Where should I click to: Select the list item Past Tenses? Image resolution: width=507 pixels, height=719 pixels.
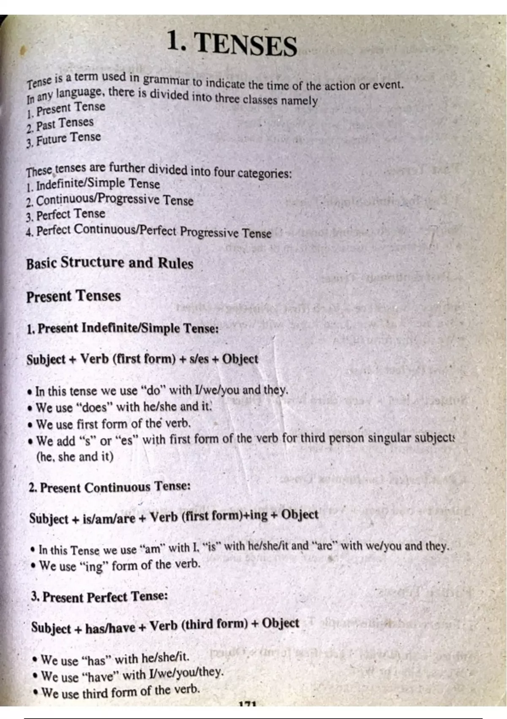coord(64,124)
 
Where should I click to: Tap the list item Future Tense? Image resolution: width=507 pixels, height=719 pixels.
coord(68,139)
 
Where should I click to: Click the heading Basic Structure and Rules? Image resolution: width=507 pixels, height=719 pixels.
coord(109,263)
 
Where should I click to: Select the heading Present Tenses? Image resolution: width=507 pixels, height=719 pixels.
coord(74,296)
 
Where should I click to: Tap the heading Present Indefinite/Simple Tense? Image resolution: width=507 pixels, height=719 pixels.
coord(123,328)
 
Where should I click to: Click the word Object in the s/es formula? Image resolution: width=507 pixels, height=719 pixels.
coord(240,359)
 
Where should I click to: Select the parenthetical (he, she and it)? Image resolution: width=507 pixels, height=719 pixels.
coord(75,457)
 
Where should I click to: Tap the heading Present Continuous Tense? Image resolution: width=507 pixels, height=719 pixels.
coord(110,487)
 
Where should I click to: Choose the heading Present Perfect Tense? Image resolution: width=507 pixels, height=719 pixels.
coord(100,597)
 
